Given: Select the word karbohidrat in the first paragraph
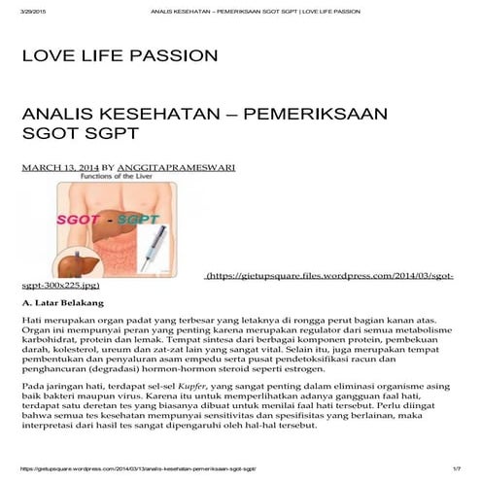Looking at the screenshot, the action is [x=52, y=344].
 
